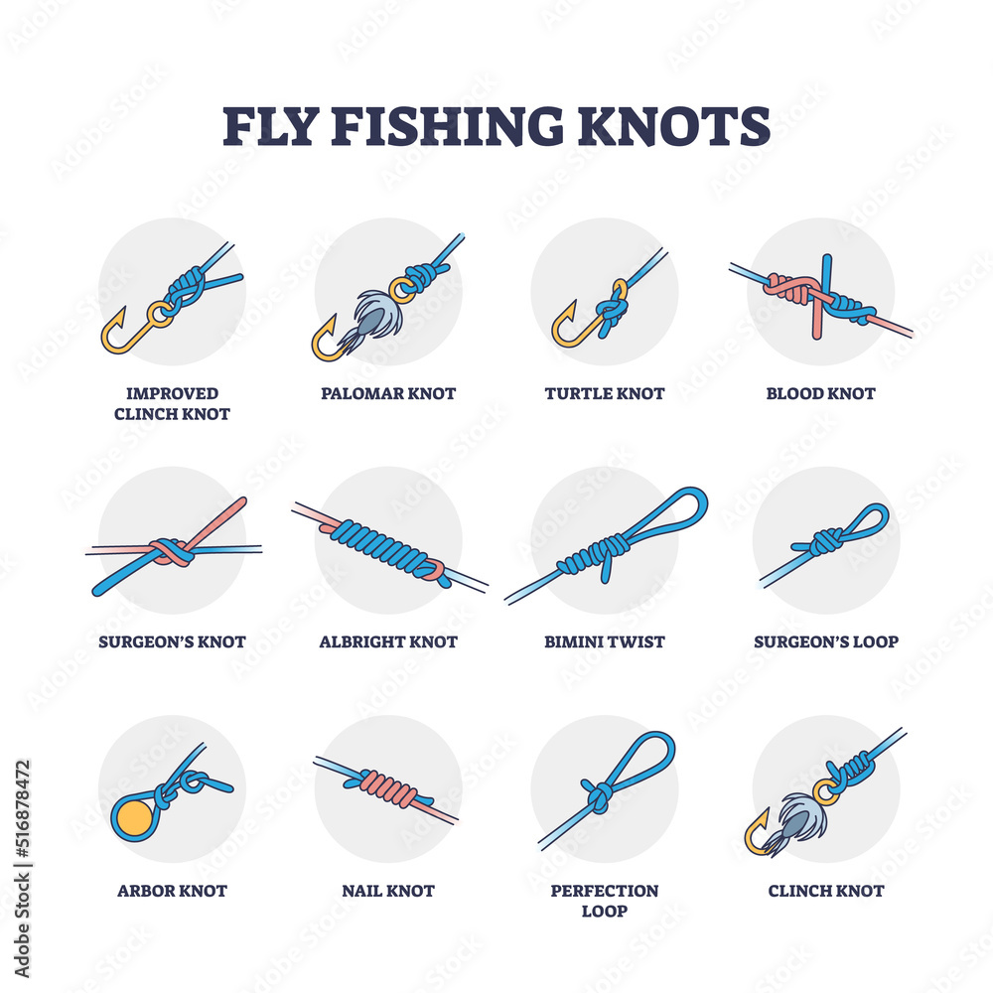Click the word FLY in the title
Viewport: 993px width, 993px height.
(270, 126)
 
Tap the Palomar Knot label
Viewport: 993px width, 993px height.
(388, 393)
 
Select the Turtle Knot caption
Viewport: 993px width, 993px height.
(604, 393)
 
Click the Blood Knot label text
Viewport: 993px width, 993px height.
(821, 393)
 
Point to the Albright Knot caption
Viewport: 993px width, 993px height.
(388, 641)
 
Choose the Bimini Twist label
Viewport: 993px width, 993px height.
(604, 641)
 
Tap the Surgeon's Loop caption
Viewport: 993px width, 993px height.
(825, 641)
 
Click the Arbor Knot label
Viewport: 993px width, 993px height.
(172, 891)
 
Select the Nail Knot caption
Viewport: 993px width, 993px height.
(388, 891)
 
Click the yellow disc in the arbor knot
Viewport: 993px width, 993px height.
(132, 817)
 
